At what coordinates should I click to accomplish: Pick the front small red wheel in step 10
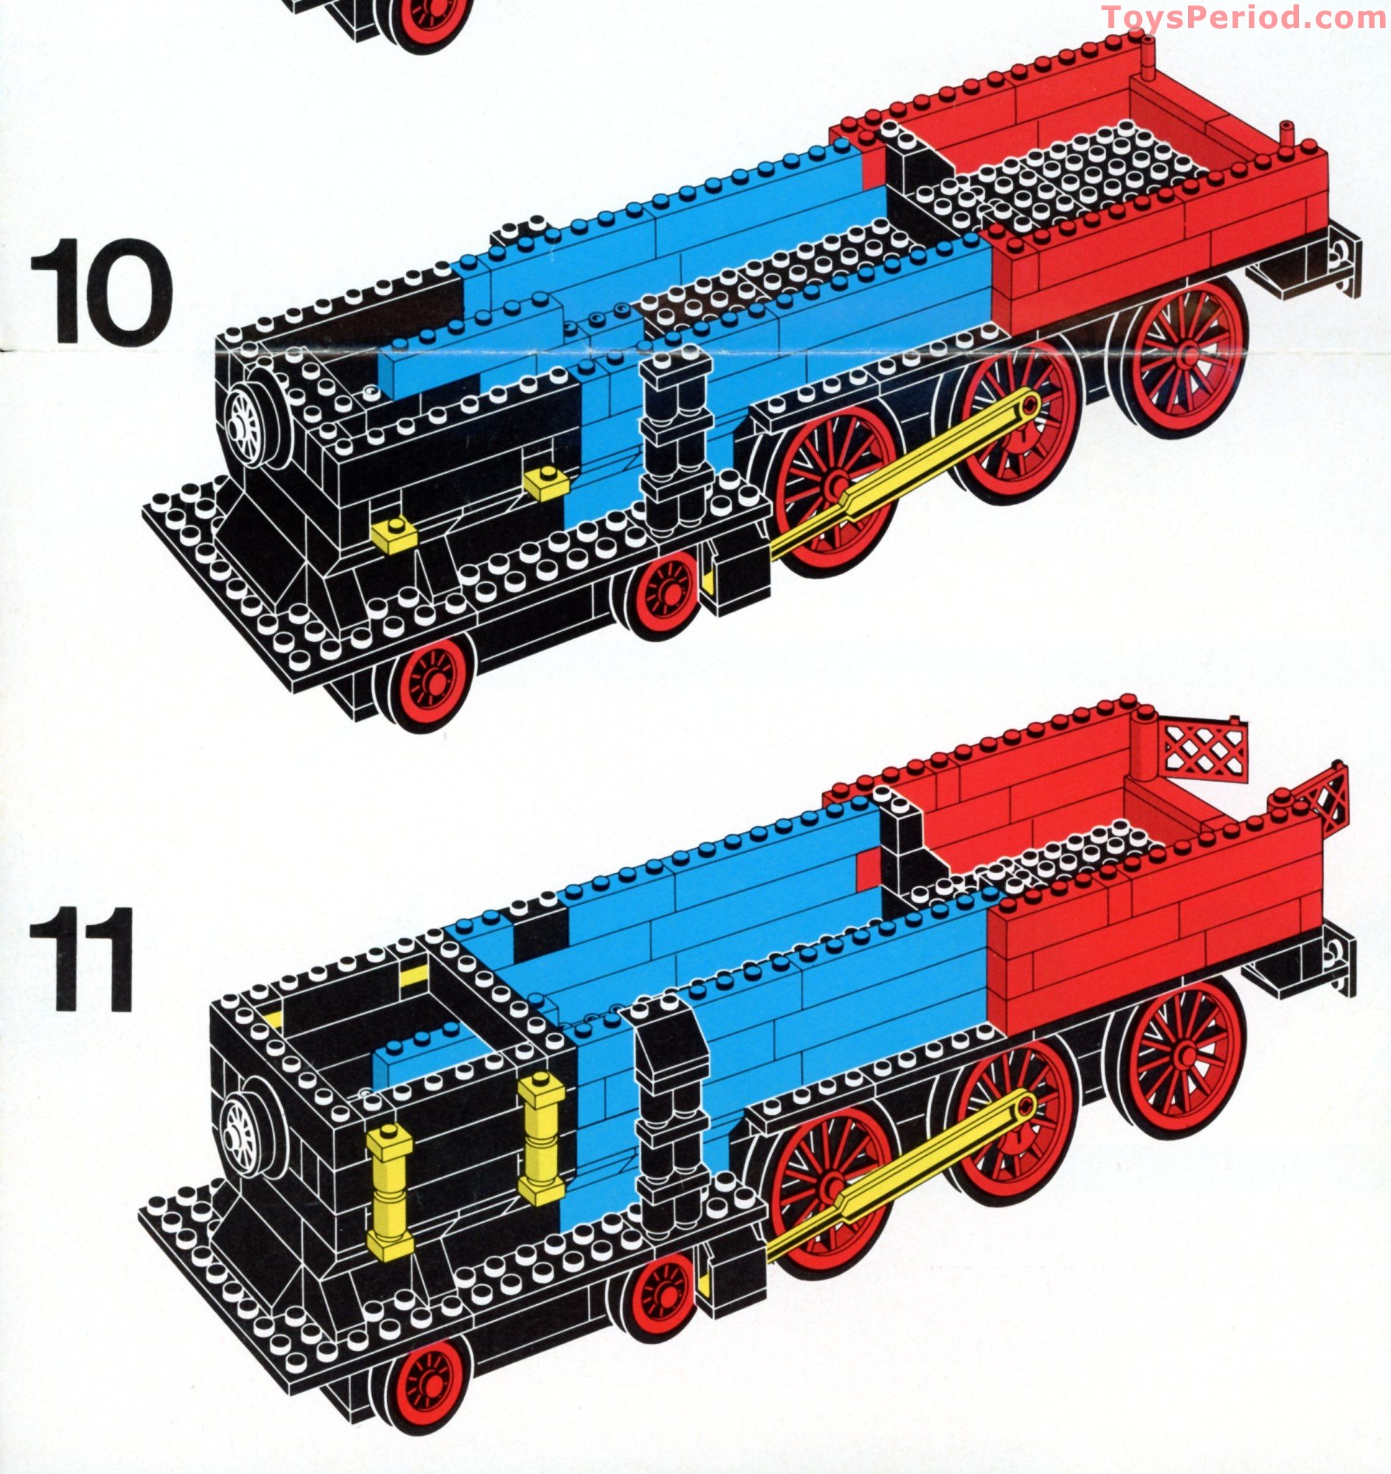click(430, 682)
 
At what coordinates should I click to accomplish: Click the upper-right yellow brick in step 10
click(546, 484)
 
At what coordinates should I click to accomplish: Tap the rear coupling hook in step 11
click(1338, 957)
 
